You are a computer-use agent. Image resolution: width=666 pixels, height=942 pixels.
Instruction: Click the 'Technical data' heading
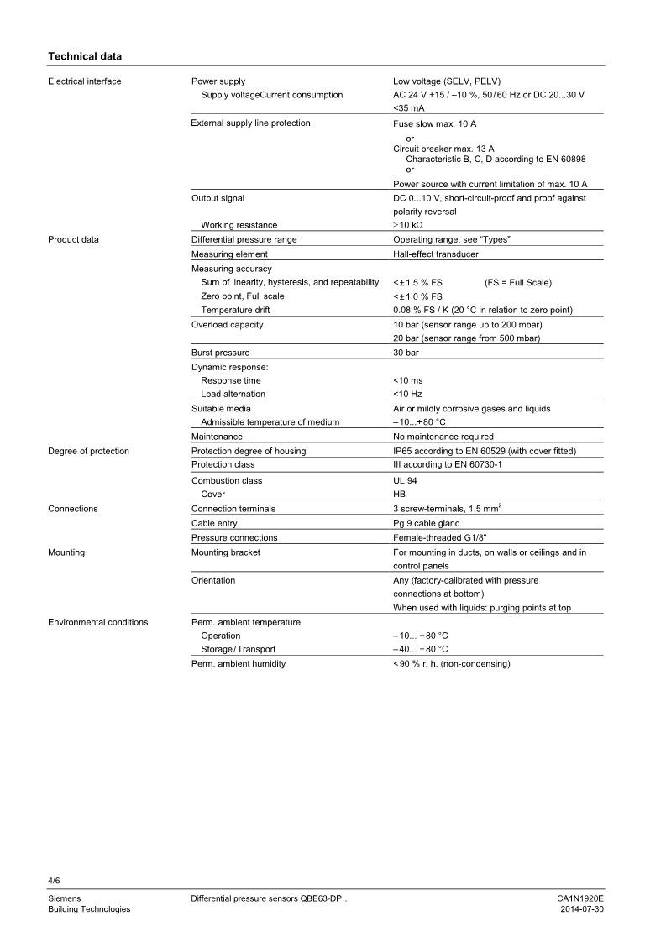tap(85, 56)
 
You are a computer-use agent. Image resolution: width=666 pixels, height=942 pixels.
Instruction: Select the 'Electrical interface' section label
tap(85, 81)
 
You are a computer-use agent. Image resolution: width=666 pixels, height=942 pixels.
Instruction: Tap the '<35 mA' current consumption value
tap(409, 108)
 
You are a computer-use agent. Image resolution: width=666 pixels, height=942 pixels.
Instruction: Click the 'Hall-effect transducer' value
tap(437, 254)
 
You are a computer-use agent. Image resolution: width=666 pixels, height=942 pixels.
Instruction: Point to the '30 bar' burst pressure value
tap(406, 353)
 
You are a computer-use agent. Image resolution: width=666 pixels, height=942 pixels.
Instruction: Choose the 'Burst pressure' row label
tap(220, 353)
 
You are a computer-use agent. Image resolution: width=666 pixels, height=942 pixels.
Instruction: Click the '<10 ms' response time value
tap(408, 380)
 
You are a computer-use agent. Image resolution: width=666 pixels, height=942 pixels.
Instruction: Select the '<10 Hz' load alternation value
tap(407, 394)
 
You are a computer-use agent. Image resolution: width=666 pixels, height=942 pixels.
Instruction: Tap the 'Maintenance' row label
tap(217, 437)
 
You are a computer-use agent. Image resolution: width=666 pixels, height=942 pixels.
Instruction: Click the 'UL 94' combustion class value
tap(405, 481)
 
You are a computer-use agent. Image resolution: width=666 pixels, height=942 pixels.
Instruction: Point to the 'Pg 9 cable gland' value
tap(427, 523)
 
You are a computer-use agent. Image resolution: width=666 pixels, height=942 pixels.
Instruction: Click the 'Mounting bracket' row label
tap(226, 552)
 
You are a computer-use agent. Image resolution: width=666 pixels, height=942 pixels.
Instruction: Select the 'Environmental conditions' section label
tap(98, 622)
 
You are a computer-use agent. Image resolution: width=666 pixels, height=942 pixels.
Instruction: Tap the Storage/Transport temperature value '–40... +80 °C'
tap(421, 649)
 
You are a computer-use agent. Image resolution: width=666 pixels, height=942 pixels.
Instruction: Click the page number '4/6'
tap(55, 881)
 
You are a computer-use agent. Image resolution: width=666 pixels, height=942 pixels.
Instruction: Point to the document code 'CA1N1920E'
tap(580, 898)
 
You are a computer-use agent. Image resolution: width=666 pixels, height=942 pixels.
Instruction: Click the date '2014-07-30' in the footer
tap(582, 909)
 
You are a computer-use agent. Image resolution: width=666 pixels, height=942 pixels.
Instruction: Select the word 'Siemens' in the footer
tap(65, 898)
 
